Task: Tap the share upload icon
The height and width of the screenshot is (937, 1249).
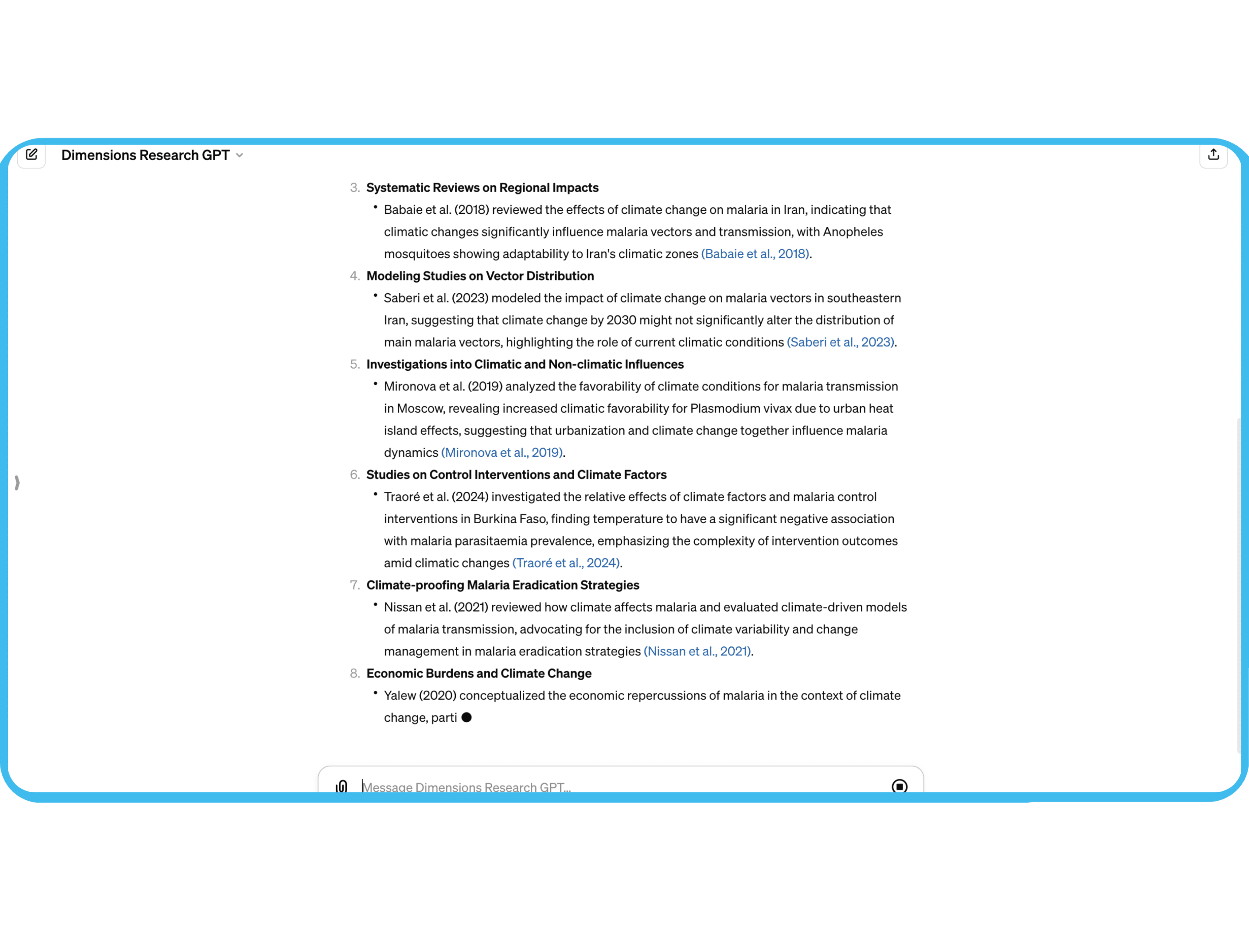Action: coord(1213,155)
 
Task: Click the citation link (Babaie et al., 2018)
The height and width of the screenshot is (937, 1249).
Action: coord(755,254)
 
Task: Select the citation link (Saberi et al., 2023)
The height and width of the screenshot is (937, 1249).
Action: coord(840,342)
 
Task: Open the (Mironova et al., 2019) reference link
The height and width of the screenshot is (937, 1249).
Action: coord(501,453)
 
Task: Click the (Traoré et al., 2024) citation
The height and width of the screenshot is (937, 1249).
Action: coord(566,563)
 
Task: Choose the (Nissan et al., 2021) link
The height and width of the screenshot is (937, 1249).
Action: coord(697,651)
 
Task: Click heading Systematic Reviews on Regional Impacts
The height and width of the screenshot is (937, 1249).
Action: coord(482,187)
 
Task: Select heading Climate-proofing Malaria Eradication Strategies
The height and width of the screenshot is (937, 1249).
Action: coord(503,585)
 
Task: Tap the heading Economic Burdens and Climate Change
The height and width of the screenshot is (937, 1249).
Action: coord(479,673)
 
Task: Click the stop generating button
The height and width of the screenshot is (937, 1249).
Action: coord(899,786)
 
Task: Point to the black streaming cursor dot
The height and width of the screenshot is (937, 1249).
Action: coord(466,717)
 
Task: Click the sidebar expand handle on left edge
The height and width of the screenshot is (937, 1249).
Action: coord(17,482)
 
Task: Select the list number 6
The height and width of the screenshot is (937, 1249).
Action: coord(354,475)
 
